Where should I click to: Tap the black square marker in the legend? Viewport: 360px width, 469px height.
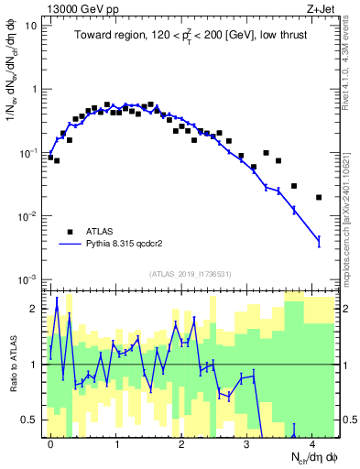[71, 231]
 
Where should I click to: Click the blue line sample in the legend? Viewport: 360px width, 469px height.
[71, 245]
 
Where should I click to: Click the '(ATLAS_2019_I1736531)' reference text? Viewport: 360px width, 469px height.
[191, 274]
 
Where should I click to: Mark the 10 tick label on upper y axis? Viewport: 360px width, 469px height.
[31, 26]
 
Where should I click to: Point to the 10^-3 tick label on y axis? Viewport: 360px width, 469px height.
[27, 278]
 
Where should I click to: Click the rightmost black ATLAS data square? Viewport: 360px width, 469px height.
[319, 197]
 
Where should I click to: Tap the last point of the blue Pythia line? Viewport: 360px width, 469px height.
[319, 241]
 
